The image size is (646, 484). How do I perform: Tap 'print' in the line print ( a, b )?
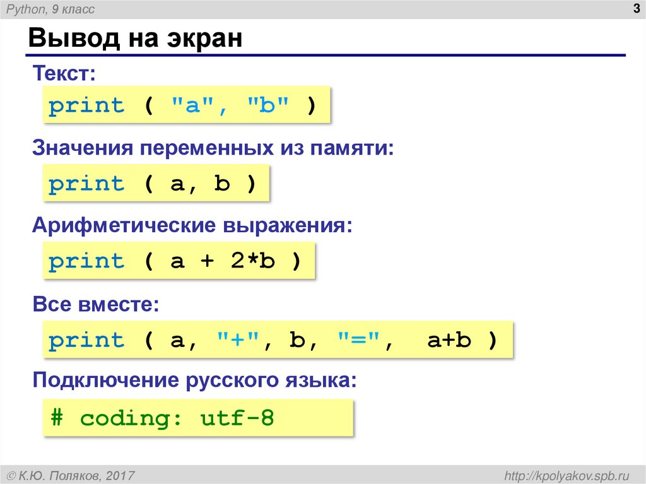pos(86,184)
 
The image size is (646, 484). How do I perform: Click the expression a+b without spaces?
pos(450,341)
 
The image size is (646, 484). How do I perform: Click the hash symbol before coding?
pos(57,418)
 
